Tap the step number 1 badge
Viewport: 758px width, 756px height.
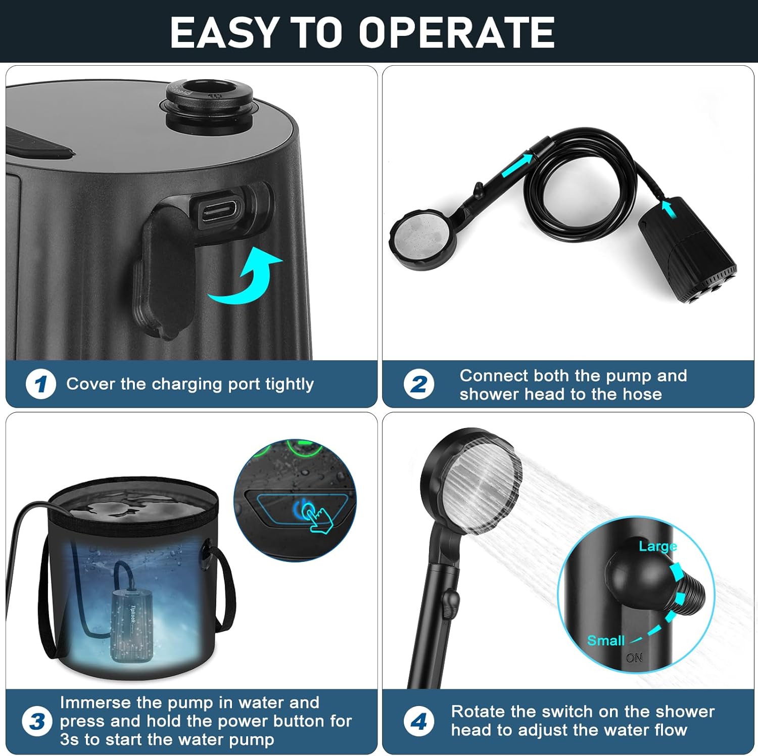pos(40,384)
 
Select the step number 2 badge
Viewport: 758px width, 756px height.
pos(418,384)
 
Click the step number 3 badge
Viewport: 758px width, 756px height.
pos(37,721)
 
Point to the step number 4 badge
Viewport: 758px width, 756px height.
pos(418,721)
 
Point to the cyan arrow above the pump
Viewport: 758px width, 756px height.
pos(670,208)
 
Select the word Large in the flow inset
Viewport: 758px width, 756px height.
pos(657,546)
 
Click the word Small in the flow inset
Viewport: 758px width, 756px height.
pos(606,641)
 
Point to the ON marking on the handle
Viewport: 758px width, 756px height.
pos(634,658)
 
